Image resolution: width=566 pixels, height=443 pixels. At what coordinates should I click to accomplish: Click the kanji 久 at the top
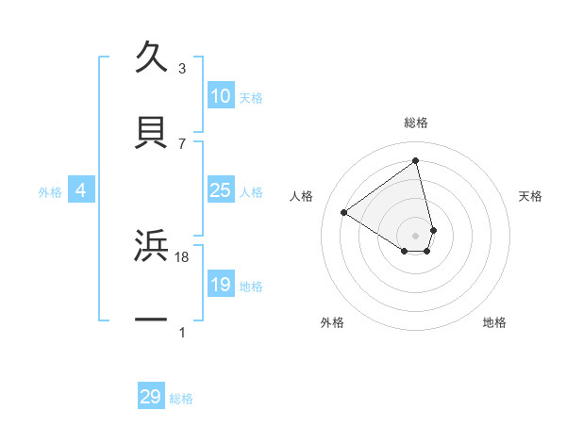[152, 57]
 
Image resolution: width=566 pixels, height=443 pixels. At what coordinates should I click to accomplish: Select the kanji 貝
[152, 133]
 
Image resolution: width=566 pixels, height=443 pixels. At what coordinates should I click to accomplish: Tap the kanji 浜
[152, 246]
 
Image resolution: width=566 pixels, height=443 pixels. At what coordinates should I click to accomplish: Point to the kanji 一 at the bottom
[152, 320]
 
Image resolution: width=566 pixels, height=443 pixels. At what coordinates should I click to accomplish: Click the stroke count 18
[183, 256]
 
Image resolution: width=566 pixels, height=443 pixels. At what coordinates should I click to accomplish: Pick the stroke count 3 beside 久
[182, 69]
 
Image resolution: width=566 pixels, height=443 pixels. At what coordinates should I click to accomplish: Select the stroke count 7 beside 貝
[182, 143]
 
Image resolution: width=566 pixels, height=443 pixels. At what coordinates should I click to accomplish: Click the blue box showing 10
[220, 96]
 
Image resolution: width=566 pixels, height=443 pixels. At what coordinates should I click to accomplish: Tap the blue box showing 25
[220, 190]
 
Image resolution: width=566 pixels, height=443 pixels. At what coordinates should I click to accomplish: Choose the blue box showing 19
[220, 285]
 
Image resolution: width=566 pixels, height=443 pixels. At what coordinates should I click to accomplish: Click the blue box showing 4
[81, 190]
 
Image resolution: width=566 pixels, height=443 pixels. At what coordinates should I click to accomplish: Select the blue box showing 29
[151, 397]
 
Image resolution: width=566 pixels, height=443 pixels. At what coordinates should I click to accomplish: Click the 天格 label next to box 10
[251, 97]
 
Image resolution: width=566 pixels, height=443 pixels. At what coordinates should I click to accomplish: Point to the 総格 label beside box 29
[181, 399]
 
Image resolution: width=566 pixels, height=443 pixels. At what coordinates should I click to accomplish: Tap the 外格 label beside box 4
[50, 191]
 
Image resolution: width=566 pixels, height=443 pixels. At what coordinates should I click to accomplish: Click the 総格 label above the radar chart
[416, 123]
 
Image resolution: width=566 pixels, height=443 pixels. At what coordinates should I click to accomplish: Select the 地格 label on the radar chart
[494, 322]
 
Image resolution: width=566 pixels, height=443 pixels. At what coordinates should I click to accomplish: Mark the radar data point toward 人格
[344, 212]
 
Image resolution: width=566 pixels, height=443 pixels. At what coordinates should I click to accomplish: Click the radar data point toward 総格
[416, 160]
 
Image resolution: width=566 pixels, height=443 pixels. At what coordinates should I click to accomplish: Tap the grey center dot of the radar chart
[416, 236]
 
